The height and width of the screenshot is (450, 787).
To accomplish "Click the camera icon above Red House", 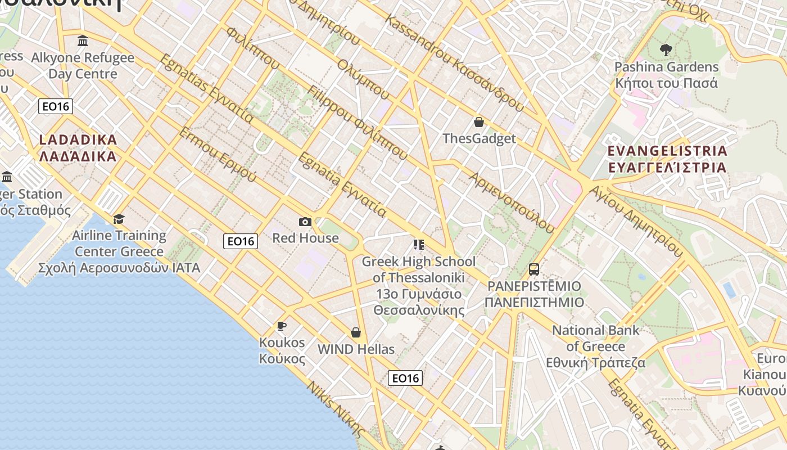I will [305, 222].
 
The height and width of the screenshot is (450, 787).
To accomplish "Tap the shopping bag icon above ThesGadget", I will [479, 122].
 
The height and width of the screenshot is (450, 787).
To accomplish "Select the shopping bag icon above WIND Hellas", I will [356, 332].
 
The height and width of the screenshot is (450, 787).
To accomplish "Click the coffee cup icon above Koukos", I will [282, 326].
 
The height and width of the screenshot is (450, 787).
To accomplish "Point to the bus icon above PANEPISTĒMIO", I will [534, 269].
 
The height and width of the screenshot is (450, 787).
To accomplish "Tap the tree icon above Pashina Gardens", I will [666, 50].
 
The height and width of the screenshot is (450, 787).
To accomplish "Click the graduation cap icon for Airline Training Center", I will [119, 219].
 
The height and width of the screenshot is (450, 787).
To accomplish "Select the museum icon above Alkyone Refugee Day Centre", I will [83, 40].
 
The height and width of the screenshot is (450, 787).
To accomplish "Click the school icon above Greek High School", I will [418, 245].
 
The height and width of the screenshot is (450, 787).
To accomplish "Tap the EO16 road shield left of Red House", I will [241, 241].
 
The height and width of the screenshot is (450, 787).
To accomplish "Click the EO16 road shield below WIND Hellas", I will [405, 378].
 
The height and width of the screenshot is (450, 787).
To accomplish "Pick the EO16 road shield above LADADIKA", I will [56, 106].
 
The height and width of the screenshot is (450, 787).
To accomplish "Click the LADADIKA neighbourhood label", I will [78, 148].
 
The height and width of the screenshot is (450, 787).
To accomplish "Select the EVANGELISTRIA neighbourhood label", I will [668, 159].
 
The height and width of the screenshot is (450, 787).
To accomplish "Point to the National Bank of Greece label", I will [596, 346].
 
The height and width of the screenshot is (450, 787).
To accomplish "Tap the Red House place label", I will [305, 238].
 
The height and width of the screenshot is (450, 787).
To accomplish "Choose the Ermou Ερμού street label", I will [218, 154].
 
